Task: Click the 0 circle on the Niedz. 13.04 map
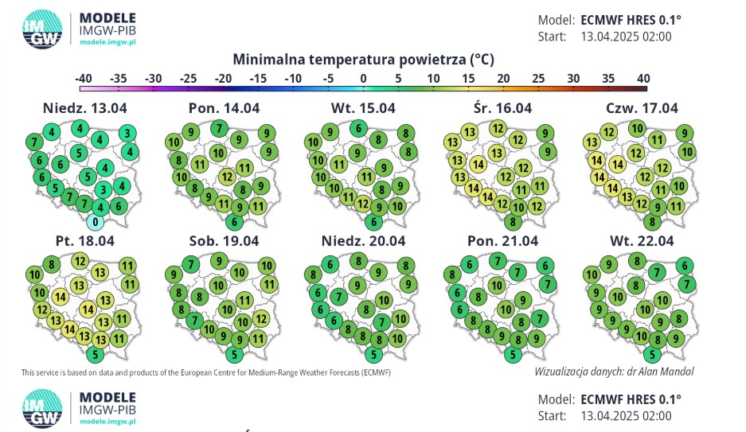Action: [96, 222]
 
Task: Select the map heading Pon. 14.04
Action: [224, 108]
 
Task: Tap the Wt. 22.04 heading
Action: [642, 241]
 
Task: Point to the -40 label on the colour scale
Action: [84, 79]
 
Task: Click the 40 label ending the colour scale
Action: [643, 79]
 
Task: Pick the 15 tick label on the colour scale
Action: [468, 79]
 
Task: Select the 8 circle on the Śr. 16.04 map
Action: [513, 222]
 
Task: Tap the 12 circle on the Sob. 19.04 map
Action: [260, 318]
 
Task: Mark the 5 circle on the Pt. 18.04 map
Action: [96, 355]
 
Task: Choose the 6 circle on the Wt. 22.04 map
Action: [685, 266]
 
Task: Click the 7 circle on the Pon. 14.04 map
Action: [219, 128]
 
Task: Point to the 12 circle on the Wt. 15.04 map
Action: [363, 204]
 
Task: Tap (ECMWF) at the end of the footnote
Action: [376, 372]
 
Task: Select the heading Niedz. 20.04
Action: [364, 241]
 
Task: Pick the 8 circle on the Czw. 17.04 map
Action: [652, 222]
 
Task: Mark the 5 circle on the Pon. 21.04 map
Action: [513, 355]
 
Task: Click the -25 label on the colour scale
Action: [189, 79]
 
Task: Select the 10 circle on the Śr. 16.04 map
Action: [518, 207]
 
